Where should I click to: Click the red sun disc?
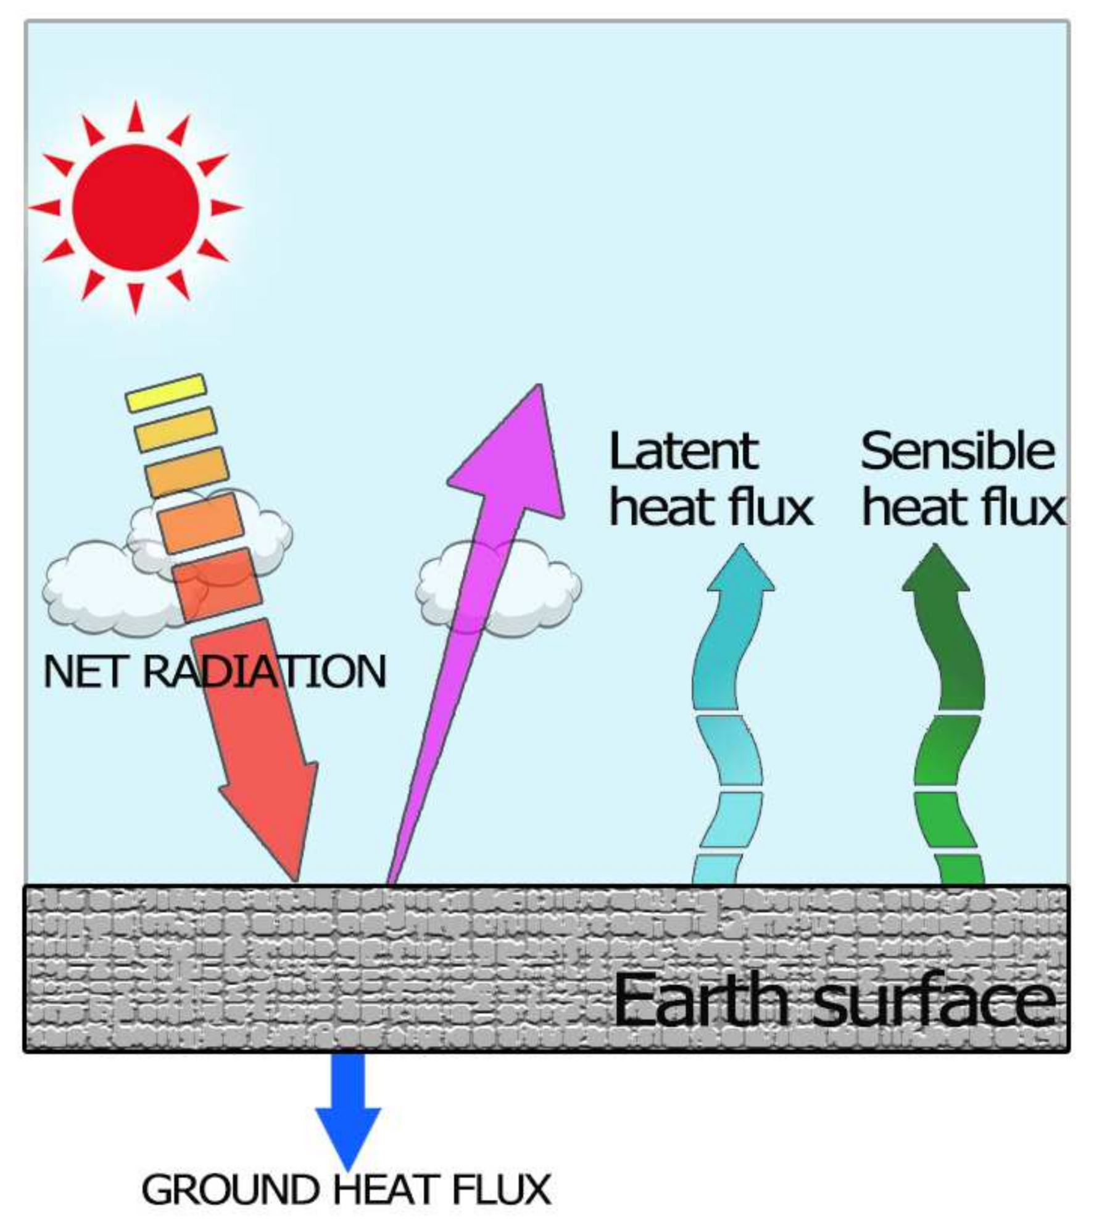point(136,207)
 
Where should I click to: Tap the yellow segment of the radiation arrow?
point(165,393)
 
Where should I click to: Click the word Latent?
point(683,452)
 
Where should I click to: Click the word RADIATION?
point(264,672)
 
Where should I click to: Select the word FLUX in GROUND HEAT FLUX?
point(502,1190)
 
